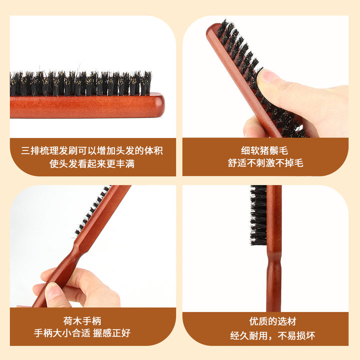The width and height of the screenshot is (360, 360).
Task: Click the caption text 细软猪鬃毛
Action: click(x=264, y=150)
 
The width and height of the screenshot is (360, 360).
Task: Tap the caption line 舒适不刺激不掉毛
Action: click(x=265, y=163)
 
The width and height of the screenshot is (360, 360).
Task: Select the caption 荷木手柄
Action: click(x=82, y=321)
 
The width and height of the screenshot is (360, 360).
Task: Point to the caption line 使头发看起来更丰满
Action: click(x=92, y=163)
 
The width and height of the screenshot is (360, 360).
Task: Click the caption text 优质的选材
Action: click(x=273, y=321)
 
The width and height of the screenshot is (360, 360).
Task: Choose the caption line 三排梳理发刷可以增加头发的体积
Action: click(x=92, y=150)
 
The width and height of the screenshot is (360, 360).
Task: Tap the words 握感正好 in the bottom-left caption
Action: click(x=112, y=333)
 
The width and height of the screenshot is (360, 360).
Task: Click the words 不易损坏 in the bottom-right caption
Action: click(x=296, y=335)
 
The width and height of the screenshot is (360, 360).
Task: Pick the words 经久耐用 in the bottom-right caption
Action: click(x=249, y=335)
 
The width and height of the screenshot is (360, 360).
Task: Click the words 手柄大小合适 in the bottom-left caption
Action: click(x=62, y=333)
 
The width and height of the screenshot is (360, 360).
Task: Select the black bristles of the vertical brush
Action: click(x=258, y=215)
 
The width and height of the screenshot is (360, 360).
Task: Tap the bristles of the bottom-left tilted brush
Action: click(x=92, y=210)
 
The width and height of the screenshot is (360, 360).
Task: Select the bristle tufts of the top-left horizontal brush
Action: click(x=81, y=83)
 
